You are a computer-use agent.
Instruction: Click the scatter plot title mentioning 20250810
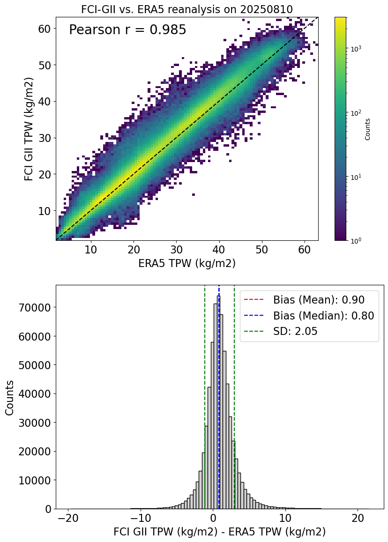187,9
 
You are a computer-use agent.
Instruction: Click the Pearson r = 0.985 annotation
127,30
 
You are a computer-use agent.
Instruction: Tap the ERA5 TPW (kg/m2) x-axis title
187,263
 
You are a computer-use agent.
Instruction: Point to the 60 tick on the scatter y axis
44,29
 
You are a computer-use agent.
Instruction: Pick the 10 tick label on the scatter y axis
44,211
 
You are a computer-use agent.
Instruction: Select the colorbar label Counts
368,129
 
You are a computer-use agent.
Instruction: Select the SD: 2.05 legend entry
295,332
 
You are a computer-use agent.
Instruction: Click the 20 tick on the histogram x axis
358,518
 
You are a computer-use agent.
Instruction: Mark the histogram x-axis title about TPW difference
219,533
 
